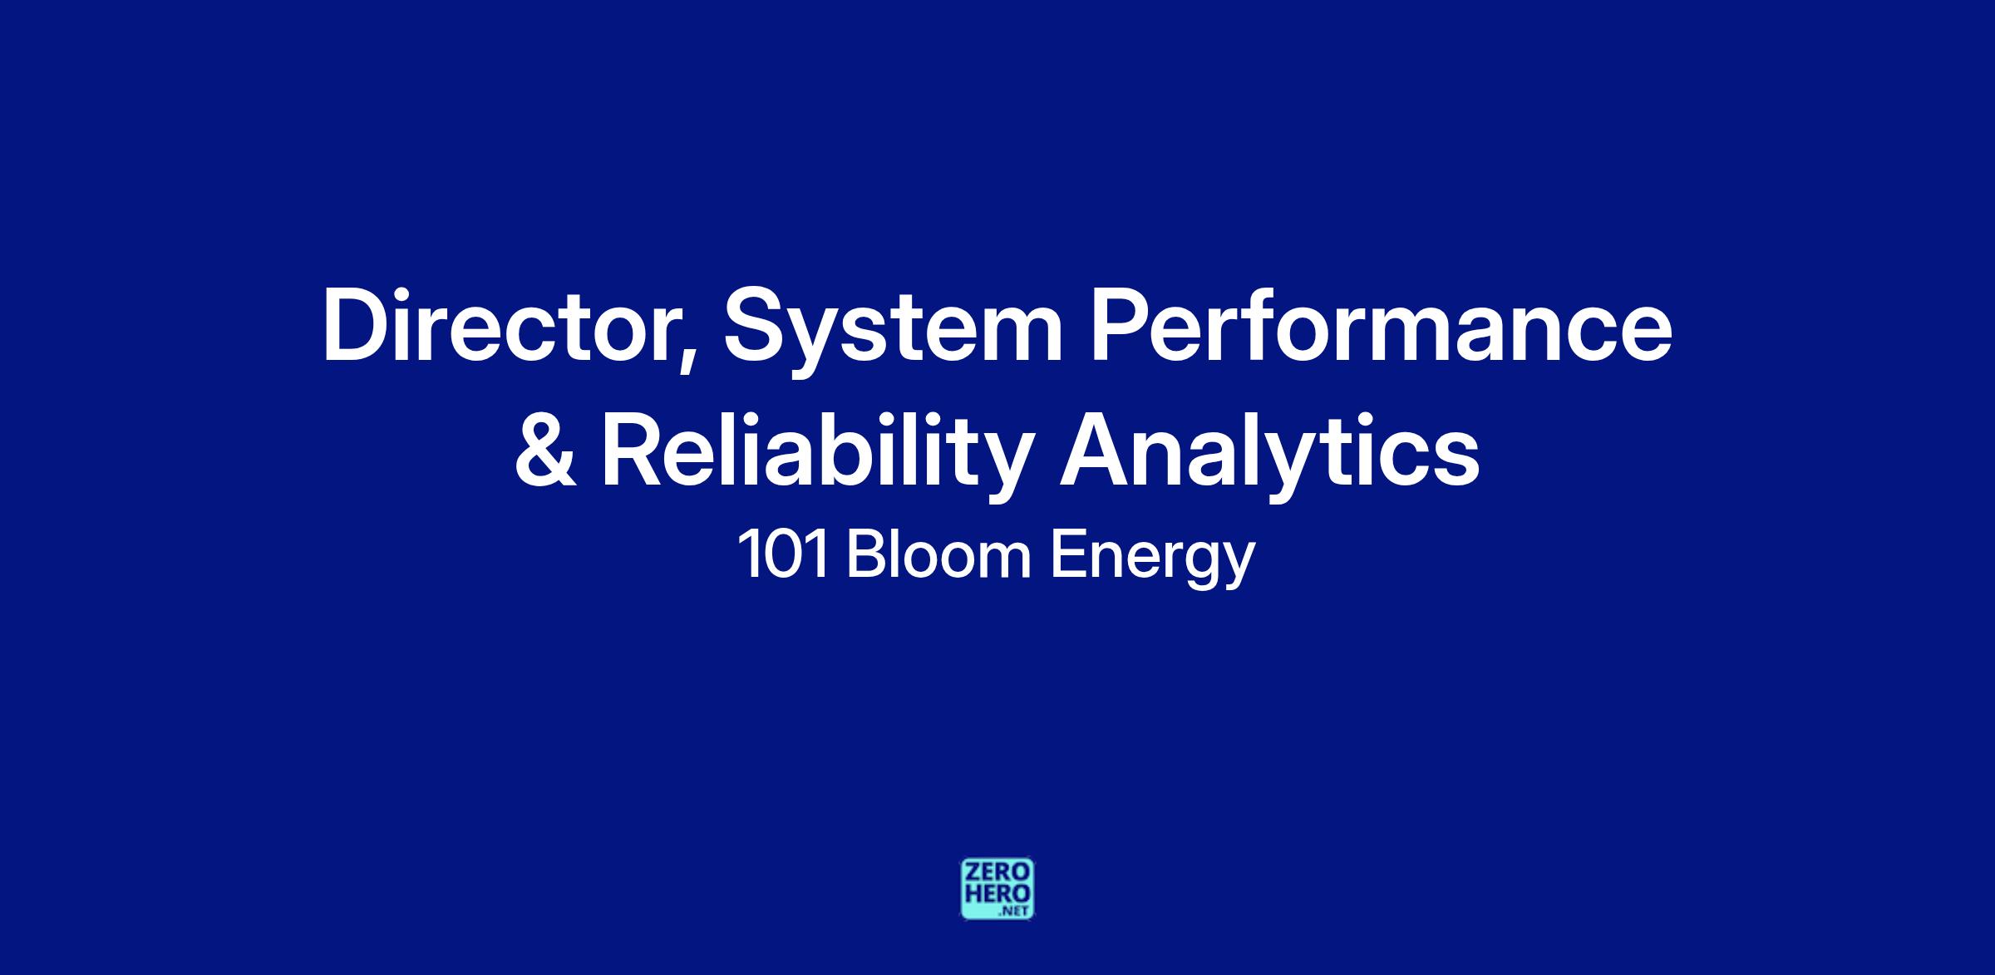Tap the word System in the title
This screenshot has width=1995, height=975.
click(x=893, y=331)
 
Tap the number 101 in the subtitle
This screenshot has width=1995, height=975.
click(x=783, y=556)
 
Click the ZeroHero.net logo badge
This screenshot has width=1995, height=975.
click(x=997, y=889)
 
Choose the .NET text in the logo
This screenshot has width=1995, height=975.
click(x=1017, y=911)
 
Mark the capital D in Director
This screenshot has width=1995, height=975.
click(x=357, y=325)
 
